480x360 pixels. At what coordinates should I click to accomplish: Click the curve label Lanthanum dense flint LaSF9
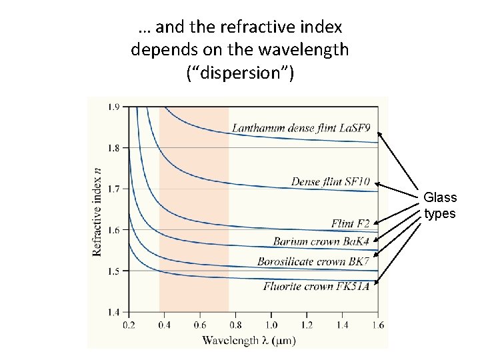click(301, 127)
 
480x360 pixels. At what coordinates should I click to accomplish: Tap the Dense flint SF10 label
click(330, 181)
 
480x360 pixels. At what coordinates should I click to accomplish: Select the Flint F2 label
click(350, 223)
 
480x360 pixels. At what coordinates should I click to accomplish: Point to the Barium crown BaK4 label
click(321, 241)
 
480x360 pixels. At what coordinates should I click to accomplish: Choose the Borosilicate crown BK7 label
click(313, 261)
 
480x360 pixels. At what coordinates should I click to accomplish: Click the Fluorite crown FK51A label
click(316, 286)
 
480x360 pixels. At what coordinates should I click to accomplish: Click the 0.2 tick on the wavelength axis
click(129, 325)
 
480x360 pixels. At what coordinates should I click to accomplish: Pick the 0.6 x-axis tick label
click(200, 325)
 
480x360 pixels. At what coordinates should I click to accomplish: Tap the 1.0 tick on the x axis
click(271, 325)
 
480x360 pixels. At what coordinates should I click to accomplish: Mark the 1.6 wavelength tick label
click(377, 325)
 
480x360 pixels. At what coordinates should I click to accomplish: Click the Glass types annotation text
click(440, 205)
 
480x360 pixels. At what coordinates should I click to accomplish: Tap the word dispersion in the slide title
click(239, 73)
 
